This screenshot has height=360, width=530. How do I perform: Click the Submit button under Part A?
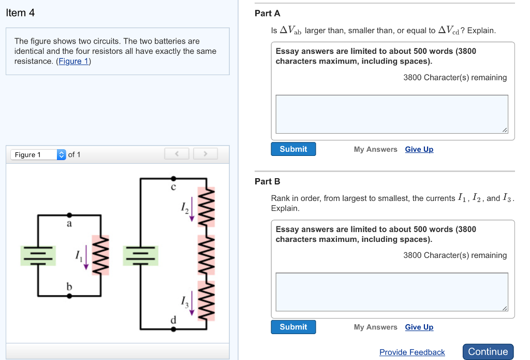point(293,149)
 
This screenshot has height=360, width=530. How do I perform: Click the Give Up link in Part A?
point(419,149)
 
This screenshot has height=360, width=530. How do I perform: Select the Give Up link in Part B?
point(419,327)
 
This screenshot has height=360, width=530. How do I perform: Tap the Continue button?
point(488,352)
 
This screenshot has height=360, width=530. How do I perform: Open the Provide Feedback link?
point(412,352)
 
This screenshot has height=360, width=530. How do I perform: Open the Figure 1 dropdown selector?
point(38,154)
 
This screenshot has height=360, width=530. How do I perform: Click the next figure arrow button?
point(205,154)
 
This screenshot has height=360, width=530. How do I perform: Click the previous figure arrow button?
point(176,154)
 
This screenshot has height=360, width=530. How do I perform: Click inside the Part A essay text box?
point(391,114)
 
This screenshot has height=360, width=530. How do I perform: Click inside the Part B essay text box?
point(391,292)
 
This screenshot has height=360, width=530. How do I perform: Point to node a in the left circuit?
point(69,214)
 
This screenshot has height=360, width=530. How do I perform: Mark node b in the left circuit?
point(69,296)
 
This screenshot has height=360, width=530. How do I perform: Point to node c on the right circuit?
point(173,179)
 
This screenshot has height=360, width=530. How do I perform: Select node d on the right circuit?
point(173,328)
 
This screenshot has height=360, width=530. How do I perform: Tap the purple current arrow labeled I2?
point(192,210)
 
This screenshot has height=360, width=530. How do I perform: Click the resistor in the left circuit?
point(100,255)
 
